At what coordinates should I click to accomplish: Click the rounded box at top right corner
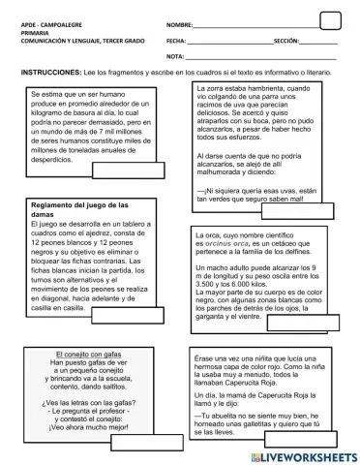(330, 20)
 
